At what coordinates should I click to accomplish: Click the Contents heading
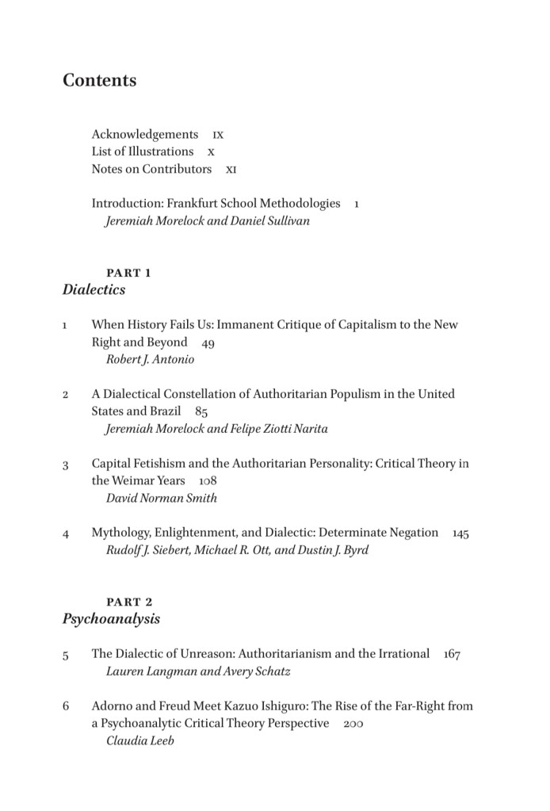[x=100, y=81]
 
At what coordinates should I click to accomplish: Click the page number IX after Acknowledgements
[x=218, y=136]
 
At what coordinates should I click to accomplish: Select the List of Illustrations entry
[x=143, y=151]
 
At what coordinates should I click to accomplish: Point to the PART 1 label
[x=128, y=273]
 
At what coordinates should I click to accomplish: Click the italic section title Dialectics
[x=94, y=290]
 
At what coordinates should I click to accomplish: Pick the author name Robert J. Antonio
[x=151, y=359]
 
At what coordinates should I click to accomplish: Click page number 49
[x=208, y=343]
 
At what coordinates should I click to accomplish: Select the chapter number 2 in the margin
[x=66, y=395]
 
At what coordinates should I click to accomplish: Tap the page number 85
[x=201, y=412]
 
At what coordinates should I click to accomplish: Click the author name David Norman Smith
[x=162, y=498]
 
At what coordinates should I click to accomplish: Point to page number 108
[x=208, y=481]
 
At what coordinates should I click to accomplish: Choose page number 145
[x=460, y=534]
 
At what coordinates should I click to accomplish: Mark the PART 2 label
[x=129, y=602]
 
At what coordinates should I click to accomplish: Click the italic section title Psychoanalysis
[x=111, y=619]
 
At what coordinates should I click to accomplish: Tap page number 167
[x=452, y=655]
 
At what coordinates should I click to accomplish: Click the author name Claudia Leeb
[x=139, y=740]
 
